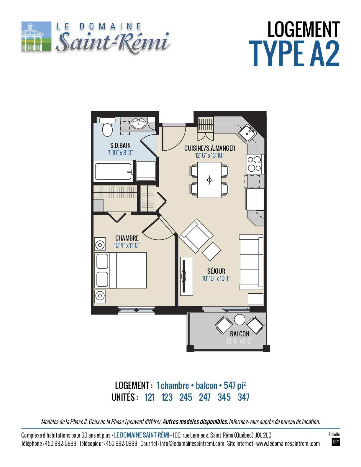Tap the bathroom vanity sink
tap(138, 124)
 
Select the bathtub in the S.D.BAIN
tap(113, 172)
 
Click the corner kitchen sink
tap(247, 133)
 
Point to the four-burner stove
tap(255, 164)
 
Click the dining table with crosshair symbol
tap(209, 180)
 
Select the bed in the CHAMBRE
tap(121, 270)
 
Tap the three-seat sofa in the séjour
tap(251, 262)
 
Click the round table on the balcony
tap(239, 320)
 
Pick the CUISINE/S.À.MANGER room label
tap(210, 148)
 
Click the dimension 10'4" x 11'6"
tap(127, 245)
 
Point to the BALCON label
tap(239, 334)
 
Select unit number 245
tap(186, 397)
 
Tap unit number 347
tap(244, 397)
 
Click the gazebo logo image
tap(36, 36)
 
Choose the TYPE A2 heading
tap(294, 54)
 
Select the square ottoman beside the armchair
tap(211, 251)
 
